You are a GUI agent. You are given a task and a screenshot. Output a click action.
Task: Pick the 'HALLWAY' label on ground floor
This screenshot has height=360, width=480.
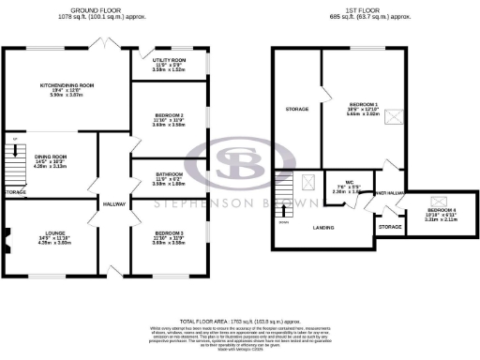tap(114, 203)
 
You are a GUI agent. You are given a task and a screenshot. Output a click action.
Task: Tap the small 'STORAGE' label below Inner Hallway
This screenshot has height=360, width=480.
tap(388, 227)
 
